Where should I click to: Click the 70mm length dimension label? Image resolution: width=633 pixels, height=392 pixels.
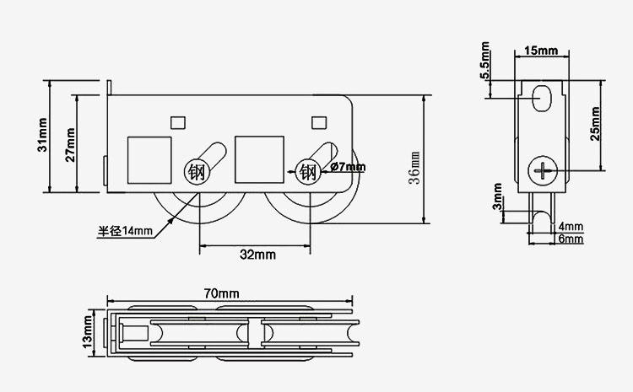point(222,293)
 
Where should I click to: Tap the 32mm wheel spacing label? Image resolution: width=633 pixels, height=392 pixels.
point(257,254)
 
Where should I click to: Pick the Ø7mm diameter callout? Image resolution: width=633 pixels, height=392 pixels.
point(348,167)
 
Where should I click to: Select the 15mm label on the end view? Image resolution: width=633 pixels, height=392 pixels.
point(541,51)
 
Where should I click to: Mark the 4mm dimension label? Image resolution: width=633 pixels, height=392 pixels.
point(571,227)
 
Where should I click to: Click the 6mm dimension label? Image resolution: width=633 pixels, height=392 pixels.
point(571,239)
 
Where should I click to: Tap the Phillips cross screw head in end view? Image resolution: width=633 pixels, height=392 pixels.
point(543,171)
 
